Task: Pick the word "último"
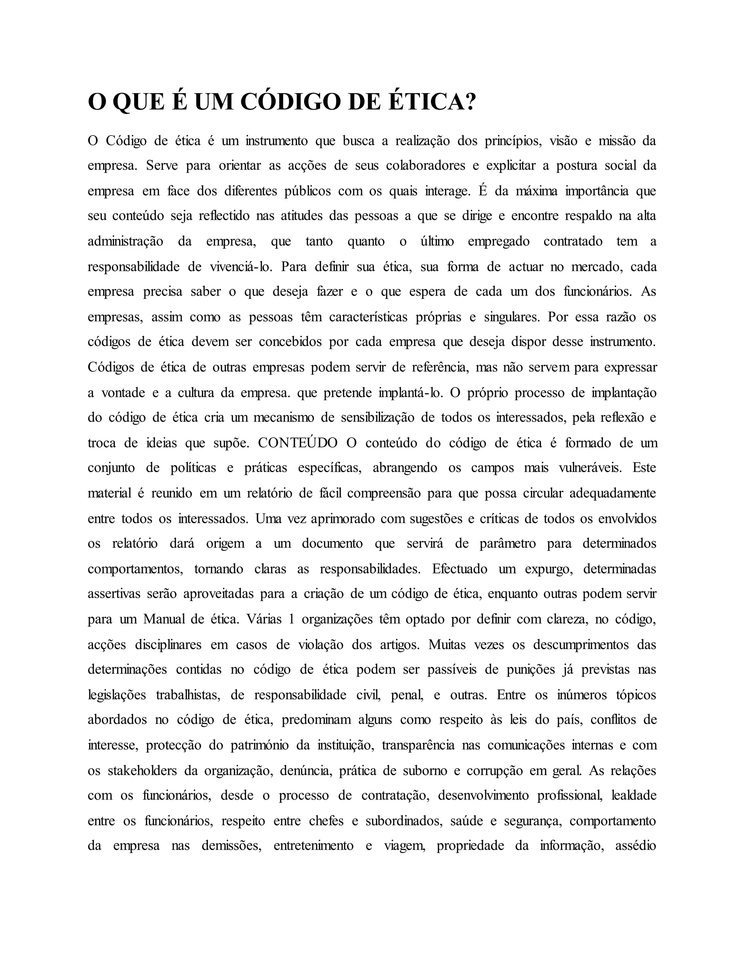pyautogui.click(x=437, y=242)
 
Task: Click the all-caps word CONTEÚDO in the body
pyautogui.click(x=298, y=443)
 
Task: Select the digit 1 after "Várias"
pyautogui.click(x=291, y=620)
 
